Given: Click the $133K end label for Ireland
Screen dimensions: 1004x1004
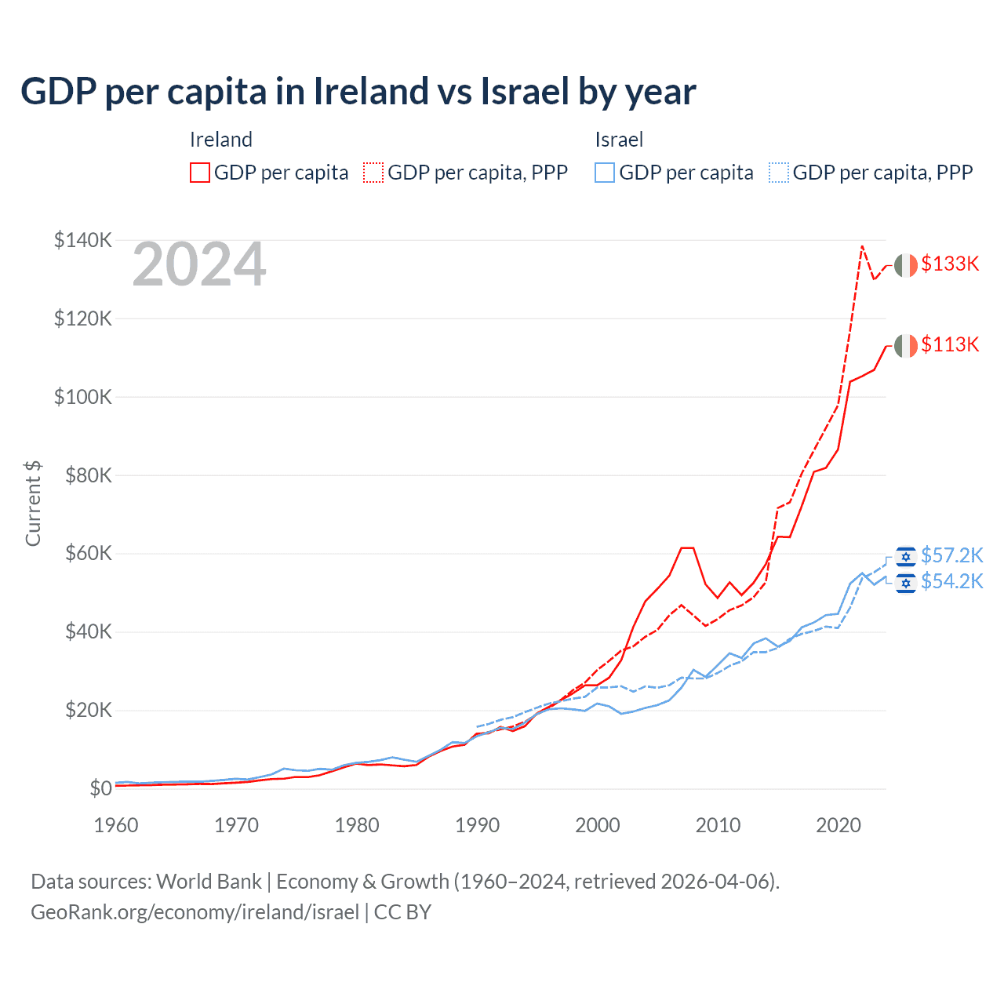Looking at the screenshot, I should pyautogui.click(x=950, y=264).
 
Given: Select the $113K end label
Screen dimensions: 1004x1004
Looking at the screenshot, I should pyautogui.click(x=950, y=344).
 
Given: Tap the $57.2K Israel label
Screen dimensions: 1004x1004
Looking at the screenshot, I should pyautogui.click(x=951, y=555).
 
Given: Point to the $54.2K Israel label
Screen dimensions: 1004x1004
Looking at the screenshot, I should pyautogui.click(x=951, y=581).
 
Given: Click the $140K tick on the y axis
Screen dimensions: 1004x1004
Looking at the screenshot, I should pyautogui.click(x=82, y=240).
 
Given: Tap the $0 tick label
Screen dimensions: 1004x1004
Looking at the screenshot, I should pyautogui.click(x=100, y=788).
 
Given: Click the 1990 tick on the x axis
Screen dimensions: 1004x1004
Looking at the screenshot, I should pyautogui.click(x=477, y=825).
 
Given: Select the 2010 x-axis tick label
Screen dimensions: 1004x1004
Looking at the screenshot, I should pyautogui.click(x=718, y=825).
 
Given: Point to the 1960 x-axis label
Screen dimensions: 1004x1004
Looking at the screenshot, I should pyautogui.click(x=116, y=825).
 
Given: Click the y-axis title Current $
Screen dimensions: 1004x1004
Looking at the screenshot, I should pyautogui.click(x=33, y=504).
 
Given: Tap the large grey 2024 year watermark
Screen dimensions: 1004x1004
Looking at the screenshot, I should pyautogui.click(x=199, y=265).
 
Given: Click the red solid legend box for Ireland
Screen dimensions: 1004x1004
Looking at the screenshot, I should pyautogui.click(x=200, y=173).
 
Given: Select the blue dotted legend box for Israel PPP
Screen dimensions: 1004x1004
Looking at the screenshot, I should pyautogui.click(x=779, y=173).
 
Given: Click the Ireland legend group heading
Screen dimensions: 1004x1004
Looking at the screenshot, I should pyautogui.click(x=221, y=140).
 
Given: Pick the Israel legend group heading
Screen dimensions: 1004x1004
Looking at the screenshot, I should pyautogui.click(x=619, y=140).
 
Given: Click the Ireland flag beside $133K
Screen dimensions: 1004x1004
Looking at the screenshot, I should pyautogui.click(x=906, y=265).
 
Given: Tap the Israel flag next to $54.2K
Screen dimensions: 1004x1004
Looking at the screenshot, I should pyautogui.click(x=906, y=583).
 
